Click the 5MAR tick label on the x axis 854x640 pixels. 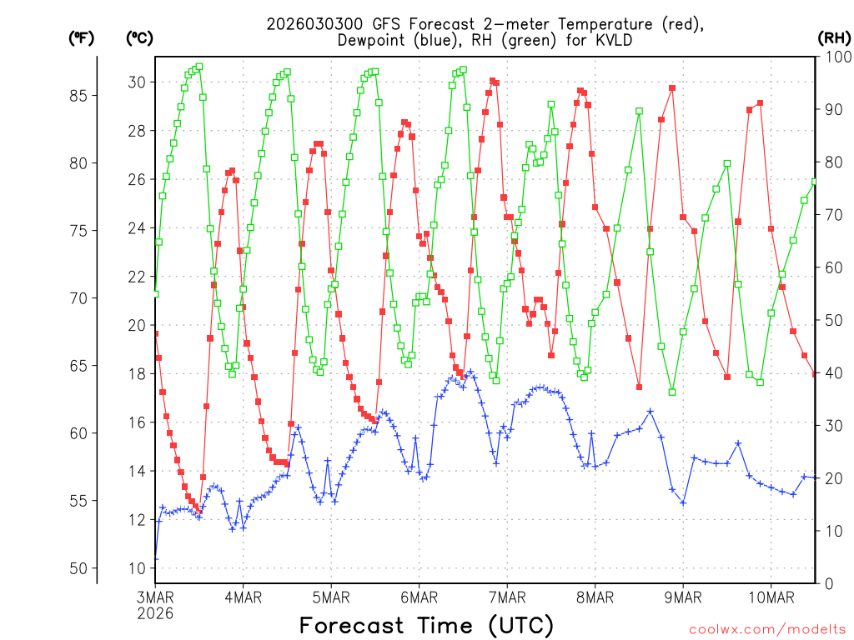[x=331, y=597]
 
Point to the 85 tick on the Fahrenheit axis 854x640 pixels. [x=78, y=96]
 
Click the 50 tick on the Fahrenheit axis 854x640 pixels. [x=78, y=568]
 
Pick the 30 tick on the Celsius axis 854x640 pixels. [x=136, y=82]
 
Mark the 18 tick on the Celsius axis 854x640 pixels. [x=136, y=373]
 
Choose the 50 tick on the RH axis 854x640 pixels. [x=831, y=320]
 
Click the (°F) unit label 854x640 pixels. [x=81, y=38]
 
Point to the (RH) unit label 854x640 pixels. [x=834, y=38]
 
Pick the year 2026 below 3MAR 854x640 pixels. [x=155, y=613]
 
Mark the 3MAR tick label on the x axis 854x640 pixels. [x=155, y=597]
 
